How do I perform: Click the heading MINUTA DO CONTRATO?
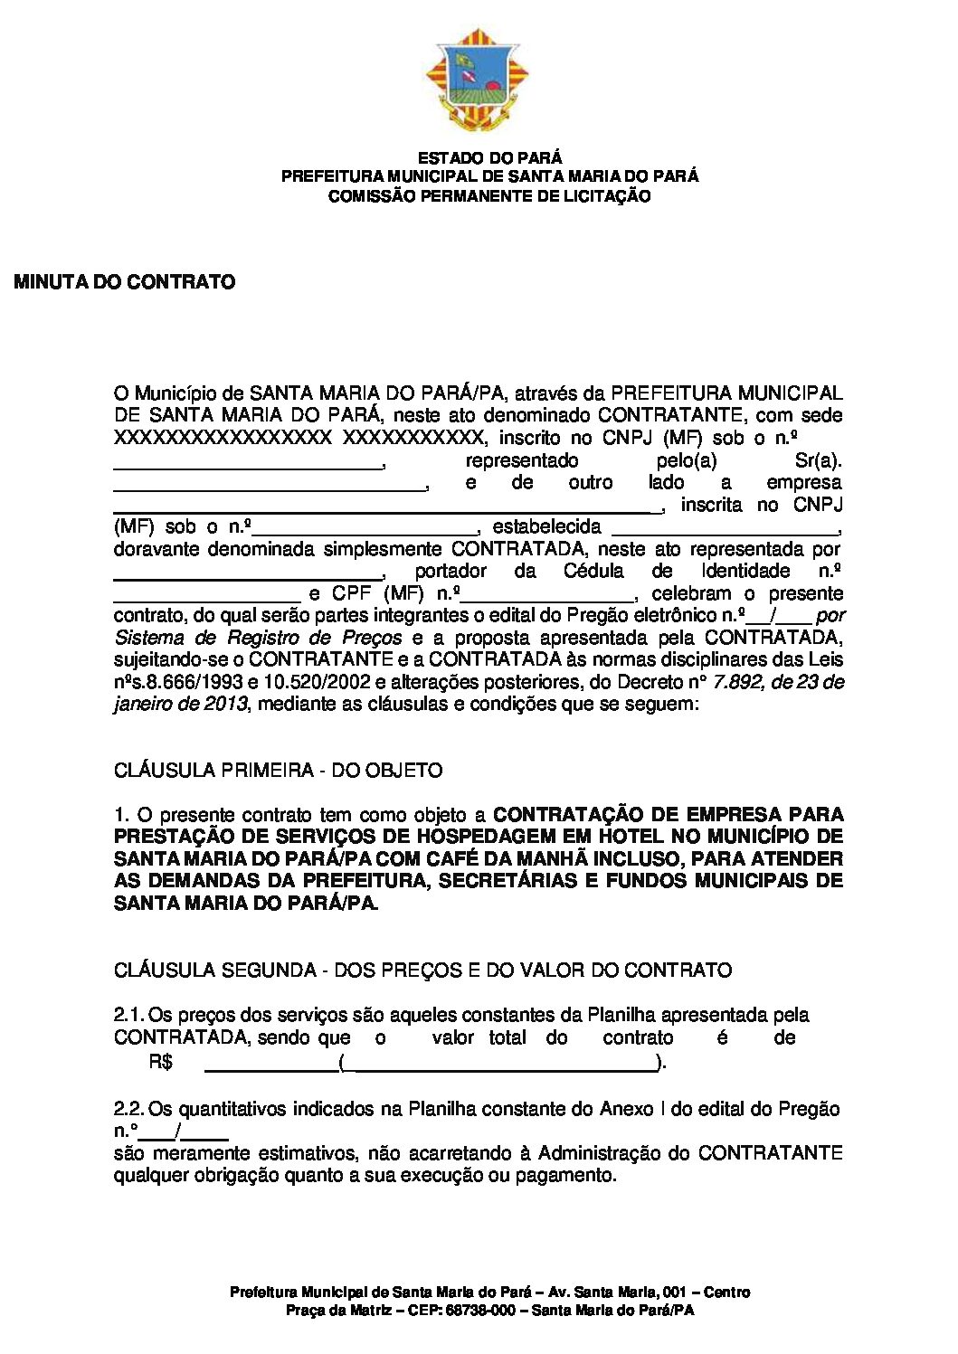click(125, 282)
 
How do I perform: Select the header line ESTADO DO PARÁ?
click(489, 158)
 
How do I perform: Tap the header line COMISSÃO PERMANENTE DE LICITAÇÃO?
click(489, 195)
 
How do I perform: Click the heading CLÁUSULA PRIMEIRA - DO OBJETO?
click(279, 771)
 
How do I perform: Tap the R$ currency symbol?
click(161, 1062)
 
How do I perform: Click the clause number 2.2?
click(128, 1109)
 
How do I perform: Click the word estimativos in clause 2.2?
click(303, 1153)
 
